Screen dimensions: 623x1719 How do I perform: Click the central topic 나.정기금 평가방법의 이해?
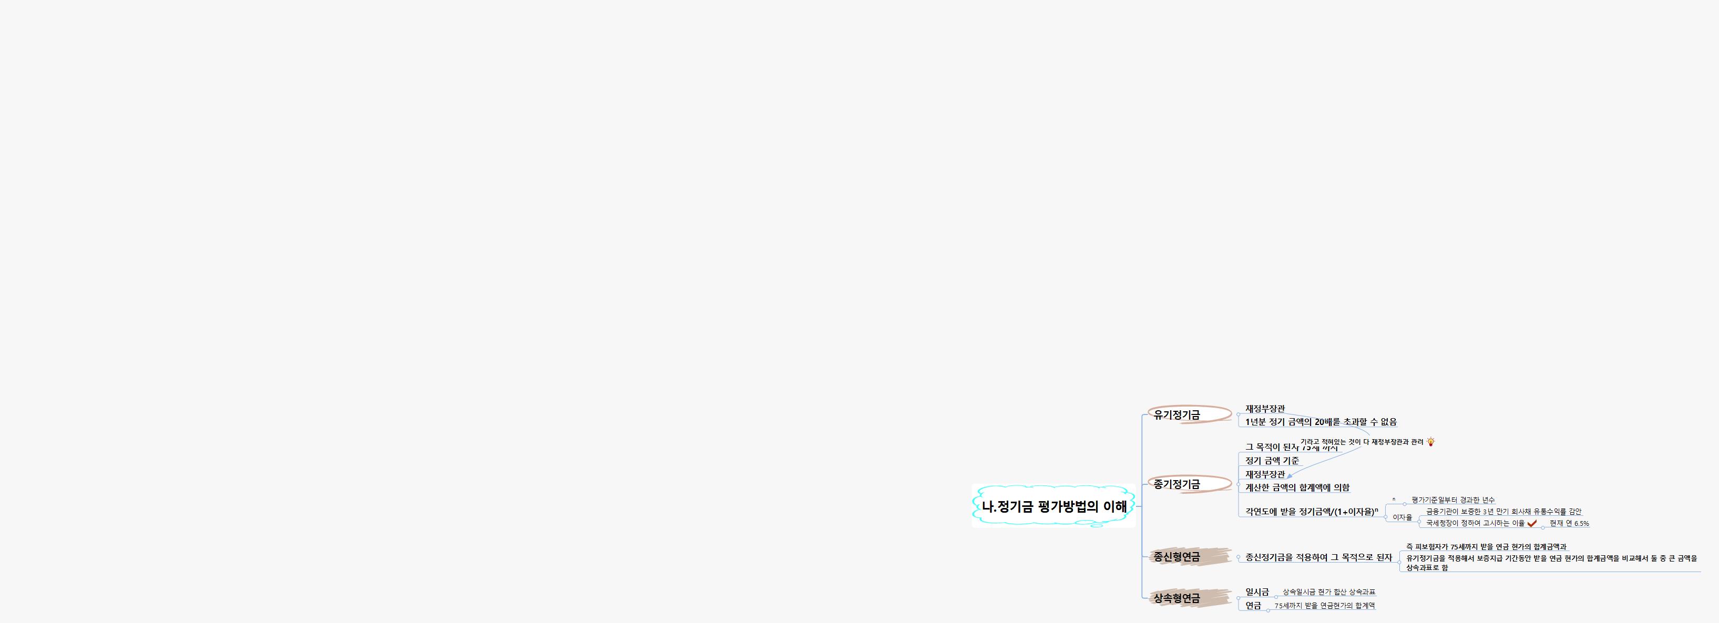pos(1053,506)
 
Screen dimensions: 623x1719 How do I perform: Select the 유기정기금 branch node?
pos(1176,415)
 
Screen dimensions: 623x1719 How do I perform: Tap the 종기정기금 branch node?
pos(1176,484)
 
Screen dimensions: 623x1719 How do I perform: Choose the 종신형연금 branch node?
pos(1176,557)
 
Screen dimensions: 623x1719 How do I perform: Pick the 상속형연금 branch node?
pos(1176,598)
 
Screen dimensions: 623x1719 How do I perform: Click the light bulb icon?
pos(1431,442)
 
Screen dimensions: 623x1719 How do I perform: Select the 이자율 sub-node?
pos(1402,517)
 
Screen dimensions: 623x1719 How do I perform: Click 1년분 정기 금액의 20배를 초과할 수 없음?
pos(1321,422)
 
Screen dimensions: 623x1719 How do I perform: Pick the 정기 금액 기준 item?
pos(1272,461)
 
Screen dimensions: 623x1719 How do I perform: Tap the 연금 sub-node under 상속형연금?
pos(1253,606)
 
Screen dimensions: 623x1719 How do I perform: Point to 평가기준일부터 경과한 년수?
pos(1453,500)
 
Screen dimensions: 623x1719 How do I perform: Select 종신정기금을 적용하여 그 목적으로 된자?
pos(1318,557)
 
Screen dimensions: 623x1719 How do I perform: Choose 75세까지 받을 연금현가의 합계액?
pos(1325,606)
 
